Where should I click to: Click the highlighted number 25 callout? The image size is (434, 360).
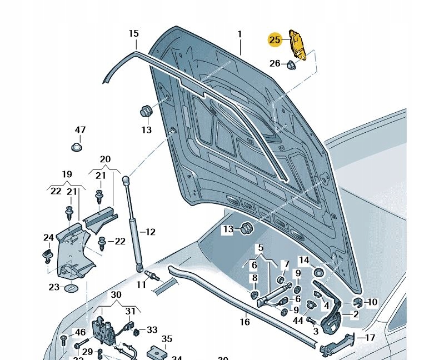pyautogui.click(x=275, y=39)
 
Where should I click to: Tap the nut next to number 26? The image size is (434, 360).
pyautogui.click(x=290, y=64)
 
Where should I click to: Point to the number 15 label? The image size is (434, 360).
pyautogui.click(x=133, y=34)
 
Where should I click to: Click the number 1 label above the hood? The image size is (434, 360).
pyautogui.click(x=240, y=34)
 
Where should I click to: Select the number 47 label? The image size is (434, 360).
pyautogui.click(x=80, y=130)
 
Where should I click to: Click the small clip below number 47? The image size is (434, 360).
pyautogui.click(x=77, y=147)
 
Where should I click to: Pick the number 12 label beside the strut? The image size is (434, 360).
pyautogui.click(x=150, y=232)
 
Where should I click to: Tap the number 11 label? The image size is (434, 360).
pyautogui.click(x=141, y=284)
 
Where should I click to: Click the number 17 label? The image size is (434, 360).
pyautogui.click(x=370, y=337)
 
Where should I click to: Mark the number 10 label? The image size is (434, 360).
pyautogui.click(x=372, y=302)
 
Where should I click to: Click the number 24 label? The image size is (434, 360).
pyautogui.click(x=49, y=238)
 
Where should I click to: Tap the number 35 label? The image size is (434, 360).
pyautogui.click(x=167, y=338)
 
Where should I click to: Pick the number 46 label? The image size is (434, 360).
pyautogui.click(x=81, y=332)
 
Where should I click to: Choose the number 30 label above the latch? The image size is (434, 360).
pyautogui.click(x=116, y=294)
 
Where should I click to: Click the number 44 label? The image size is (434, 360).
pyautogui.click(x=298, y=321)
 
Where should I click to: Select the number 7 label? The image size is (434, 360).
pyautogui.click(x=286, y=264)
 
